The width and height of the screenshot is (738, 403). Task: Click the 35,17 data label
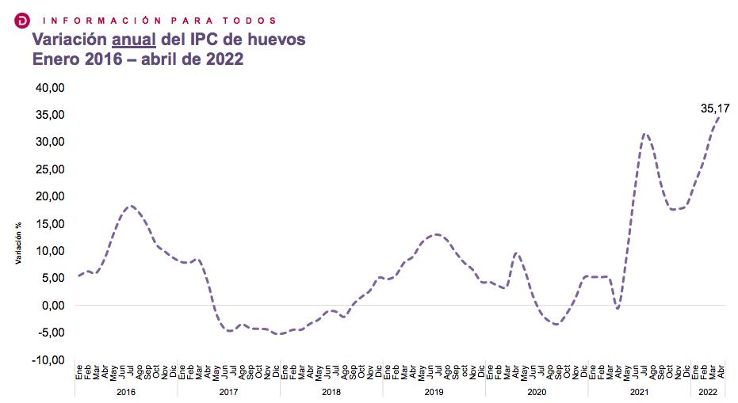click(715, 108)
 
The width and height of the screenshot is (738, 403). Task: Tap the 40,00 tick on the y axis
click(50, 87)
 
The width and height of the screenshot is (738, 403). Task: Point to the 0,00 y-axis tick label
click(53, 305)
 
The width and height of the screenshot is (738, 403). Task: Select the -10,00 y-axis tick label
click(48, 359)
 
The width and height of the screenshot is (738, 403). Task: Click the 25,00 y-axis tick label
click(50, 169)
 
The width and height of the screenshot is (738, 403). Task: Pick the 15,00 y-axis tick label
click(50, 223)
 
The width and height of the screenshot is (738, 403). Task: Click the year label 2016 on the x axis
click(126, 392)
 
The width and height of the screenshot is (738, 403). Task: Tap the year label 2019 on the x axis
click(434, 392)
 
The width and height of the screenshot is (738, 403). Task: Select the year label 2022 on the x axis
click(708, 392)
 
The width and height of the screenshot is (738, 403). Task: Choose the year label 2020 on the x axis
click(537, 392)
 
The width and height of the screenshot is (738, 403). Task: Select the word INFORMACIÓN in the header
click(89, 20)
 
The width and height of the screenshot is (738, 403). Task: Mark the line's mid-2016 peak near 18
click(132, 206)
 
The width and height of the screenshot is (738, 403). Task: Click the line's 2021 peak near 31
click(645, 134)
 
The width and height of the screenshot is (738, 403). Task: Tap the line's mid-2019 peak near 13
click(437, 234)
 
